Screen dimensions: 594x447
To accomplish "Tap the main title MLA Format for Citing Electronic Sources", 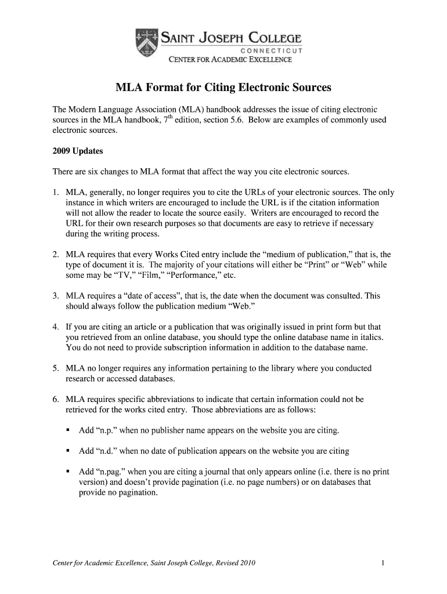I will point(223,88).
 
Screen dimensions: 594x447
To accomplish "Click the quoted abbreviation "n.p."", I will point(107,430).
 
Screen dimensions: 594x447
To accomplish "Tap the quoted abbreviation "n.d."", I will point(107,451).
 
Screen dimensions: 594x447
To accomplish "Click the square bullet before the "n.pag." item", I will point(69,472).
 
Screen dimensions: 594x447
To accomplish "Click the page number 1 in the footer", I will point(384,563).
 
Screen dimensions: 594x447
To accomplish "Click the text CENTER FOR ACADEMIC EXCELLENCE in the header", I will point(230,59).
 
